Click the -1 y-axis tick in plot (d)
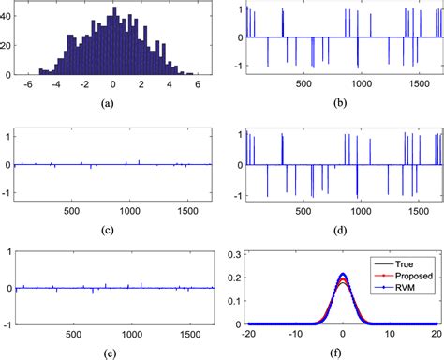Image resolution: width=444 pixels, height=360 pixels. [235, 195]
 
